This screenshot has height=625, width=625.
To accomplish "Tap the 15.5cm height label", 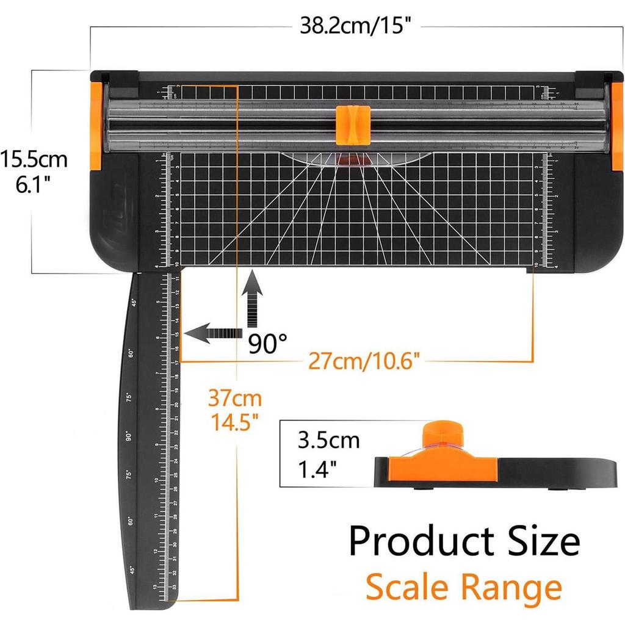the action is [x=34, y=160].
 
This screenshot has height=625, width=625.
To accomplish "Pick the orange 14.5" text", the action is [x=235, y=422].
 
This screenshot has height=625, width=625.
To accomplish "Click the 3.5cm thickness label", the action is [x=329, y=439].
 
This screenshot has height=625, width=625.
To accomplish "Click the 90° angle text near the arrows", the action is [x=267, y=344].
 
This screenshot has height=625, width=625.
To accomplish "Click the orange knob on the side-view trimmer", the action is [x=441, y=435].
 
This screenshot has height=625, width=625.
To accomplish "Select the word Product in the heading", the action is [x=428, y=541].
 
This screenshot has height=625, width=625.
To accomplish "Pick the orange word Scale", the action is [x=410, y=587].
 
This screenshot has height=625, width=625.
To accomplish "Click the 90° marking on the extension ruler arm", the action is [x=129, y=436].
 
